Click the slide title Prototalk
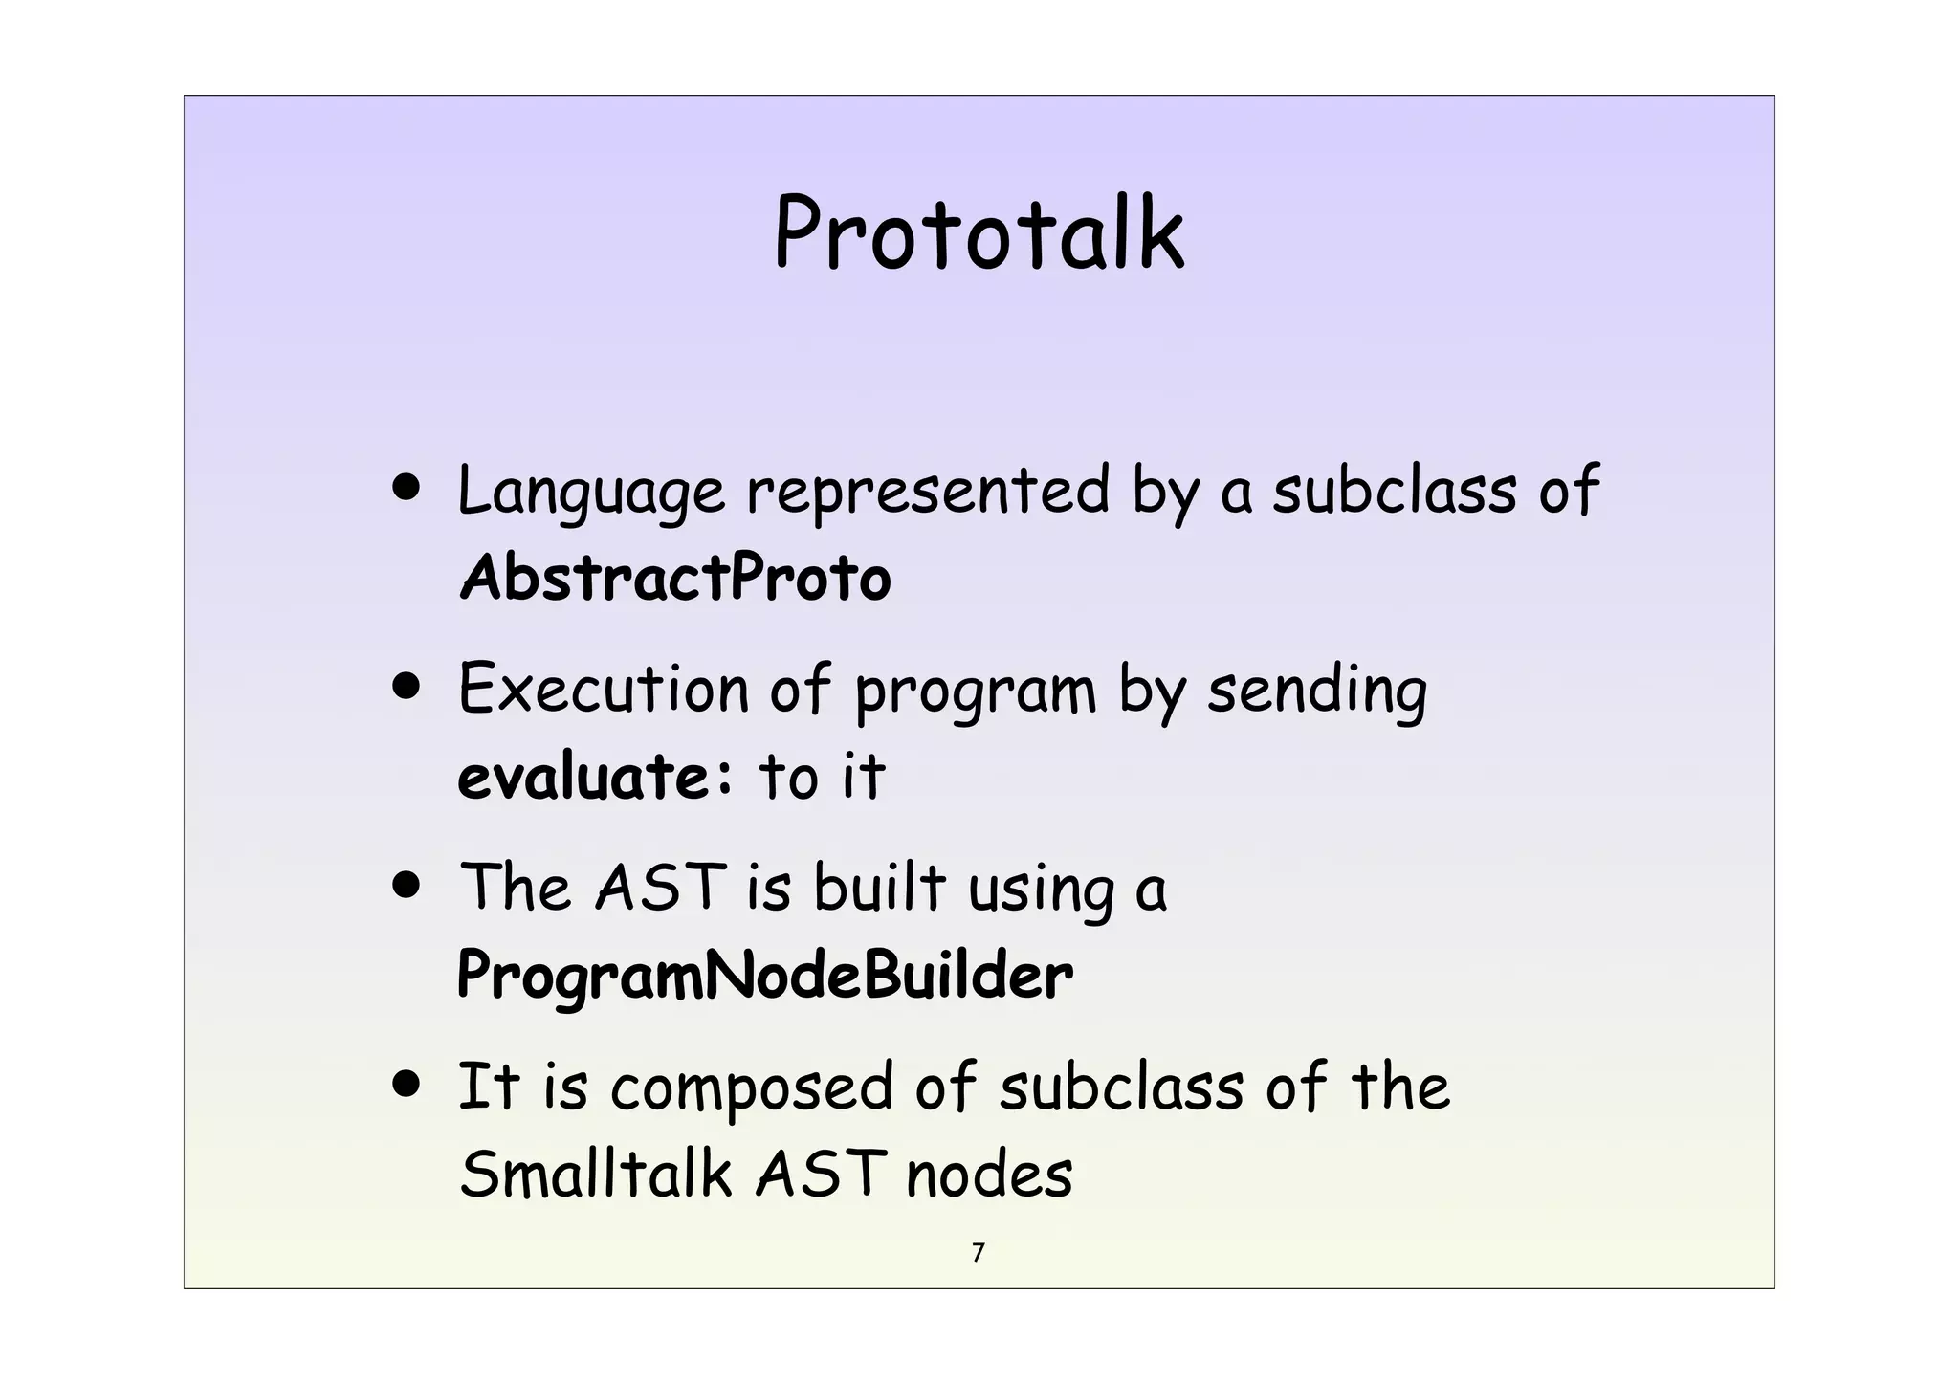click(x=979, y=233)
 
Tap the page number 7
click(x=978, y=1252)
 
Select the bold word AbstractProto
click(x=674, y=578)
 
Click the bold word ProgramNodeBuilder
click(x=764, y=976)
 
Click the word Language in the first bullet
click(x=590, y=492)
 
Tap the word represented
click(x=928, y=492)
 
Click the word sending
click(x=1316, y=691)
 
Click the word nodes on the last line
click(x=989, y=1175)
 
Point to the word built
click(x=879, y=886)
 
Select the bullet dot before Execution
click(x=407, y=687)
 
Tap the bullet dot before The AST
click(x=407, y=885)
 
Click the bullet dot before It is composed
click(x=407, y=1085)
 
